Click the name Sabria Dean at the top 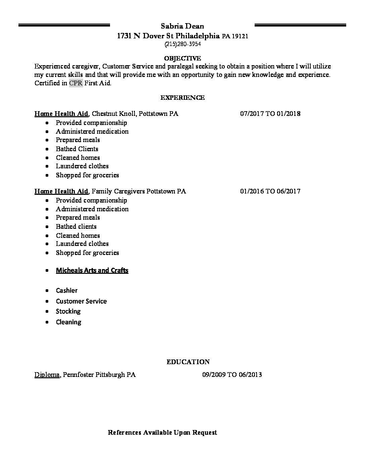(182, 26)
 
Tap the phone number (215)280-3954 (182, 44)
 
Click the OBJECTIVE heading (182, 58)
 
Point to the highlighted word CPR (76, 83)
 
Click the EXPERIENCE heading (182, 98)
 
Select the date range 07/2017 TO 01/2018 (270, 114)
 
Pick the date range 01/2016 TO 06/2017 (270, 191)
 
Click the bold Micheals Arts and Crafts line (92, 270)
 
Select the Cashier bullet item (67, 291)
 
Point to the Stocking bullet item (68, 311)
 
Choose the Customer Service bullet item (81, 301)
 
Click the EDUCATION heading (188, 362)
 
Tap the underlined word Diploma (47, 374)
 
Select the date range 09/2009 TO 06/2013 (232, 374)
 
